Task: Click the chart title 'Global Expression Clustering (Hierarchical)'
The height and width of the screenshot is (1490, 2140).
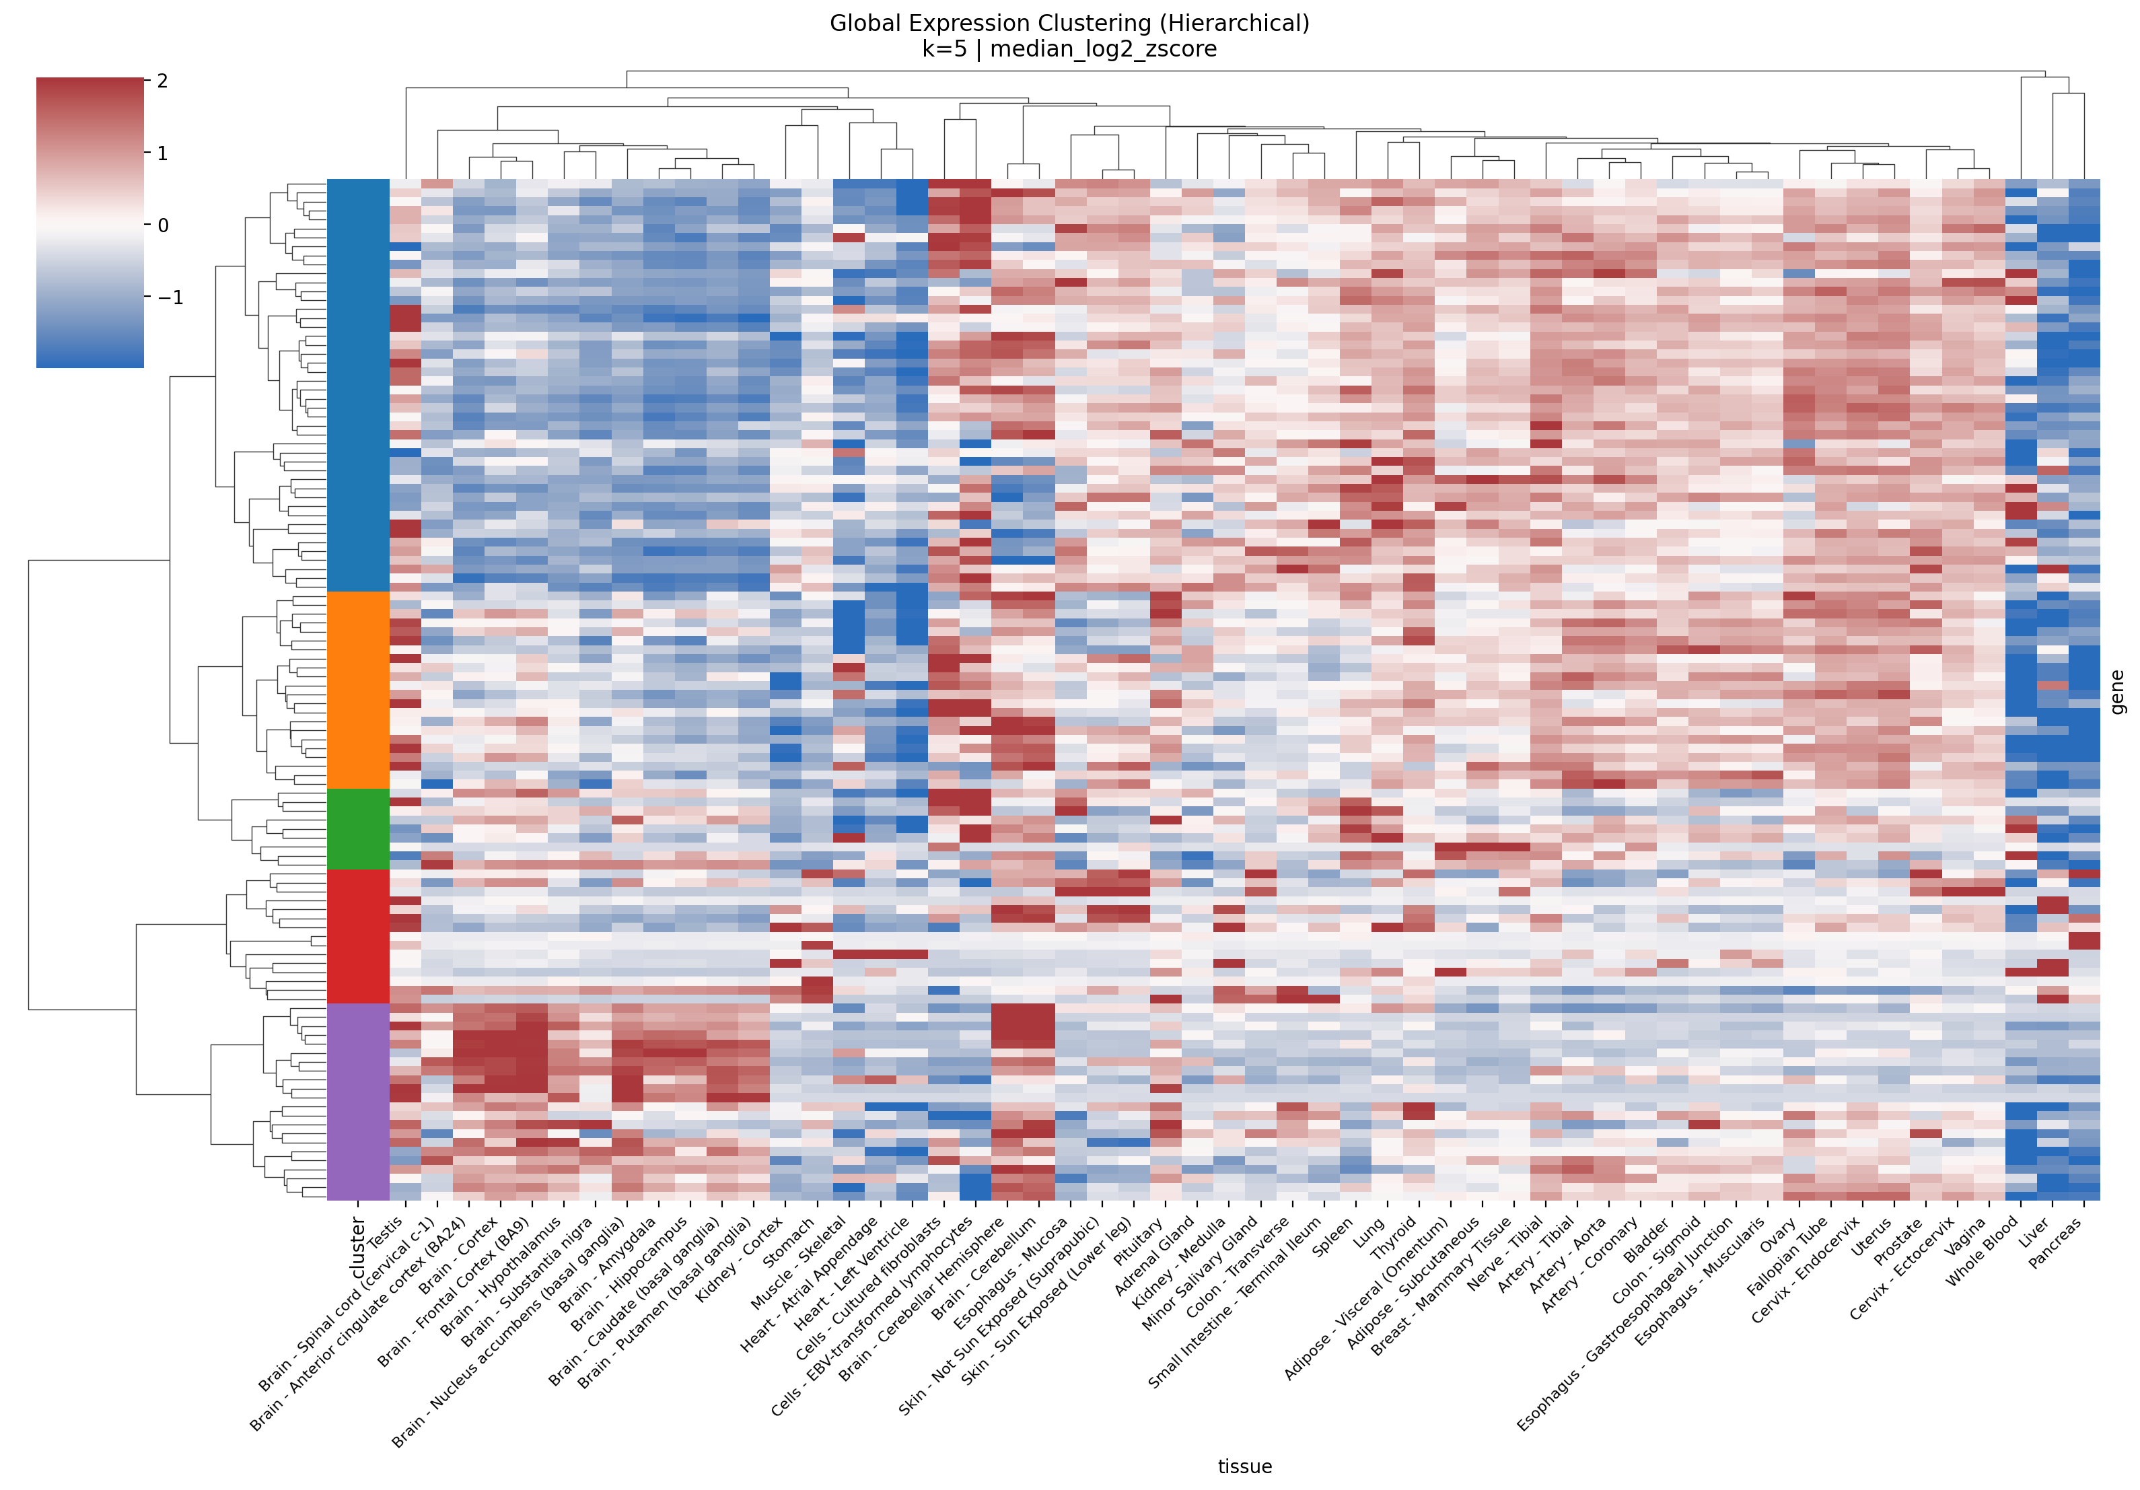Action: click(x=1069, y=24)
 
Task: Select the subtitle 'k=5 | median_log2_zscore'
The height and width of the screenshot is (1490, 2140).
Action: click(x=1069, y=49)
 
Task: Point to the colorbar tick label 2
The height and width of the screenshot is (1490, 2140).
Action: click(x=163, y=81)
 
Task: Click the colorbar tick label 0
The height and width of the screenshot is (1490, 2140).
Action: click(x=163, y=225)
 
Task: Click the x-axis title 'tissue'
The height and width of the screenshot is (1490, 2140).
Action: click(x=1244, y=1466)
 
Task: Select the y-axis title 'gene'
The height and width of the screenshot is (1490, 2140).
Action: click(x=2118, y=691)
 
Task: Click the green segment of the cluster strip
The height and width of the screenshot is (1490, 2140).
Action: click(x=358, y=828)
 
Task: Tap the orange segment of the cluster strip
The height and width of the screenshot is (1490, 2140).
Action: click(x=358, y=690)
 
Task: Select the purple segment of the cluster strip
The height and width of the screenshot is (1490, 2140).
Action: click(x=358, y=1102)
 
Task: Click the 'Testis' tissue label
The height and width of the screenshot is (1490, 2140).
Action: click(x=386, y=1233)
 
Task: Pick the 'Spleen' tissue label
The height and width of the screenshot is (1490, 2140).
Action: click(x=1333, y=1236)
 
